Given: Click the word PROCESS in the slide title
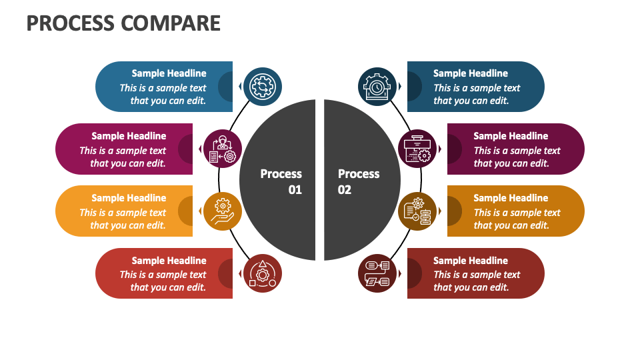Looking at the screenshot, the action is [x=71, y=23].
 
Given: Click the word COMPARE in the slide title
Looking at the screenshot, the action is [x=171, y=23].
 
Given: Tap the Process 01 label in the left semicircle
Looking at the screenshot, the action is [x=281, y=181].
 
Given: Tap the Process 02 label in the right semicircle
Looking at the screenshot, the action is [x=359, y=181].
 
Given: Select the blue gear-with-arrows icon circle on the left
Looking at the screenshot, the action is [x=263, y=87].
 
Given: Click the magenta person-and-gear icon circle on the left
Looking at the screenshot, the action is [x=223, y=149].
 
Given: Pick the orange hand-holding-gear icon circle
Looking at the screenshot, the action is [x=223, y=211].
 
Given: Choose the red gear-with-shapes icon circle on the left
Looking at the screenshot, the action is [x=263, y=273].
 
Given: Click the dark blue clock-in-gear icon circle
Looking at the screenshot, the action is [x=377, y=87].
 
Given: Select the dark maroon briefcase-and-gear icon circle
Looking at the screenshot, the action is [x=417, y=149].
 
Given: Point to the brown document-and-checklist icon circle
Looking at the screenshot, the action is [x=417, y=211].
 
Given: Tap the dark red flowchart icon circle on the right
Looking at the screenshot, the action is [x=377, y=273].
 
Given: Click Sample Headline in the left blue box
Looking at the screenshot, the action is [x=169, y=73].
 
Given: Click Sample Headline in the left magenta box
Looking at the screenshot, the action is [x=129, y=136].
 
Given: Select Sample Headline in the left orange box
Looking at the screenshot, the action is [x=129, y=198].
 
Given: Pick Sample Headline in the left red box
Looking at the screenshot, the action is [x=169, y=261].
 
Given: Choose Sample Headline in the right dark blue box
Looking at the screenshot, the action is [x=471, y=73].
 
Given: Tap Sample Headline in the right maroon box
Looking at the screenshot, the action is [x=511, y=136].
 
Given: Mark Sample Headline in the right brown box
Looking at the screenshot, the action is [x=511, y=198].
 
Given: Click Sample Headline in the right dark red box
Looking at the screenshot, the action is [x=471, y=261].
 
